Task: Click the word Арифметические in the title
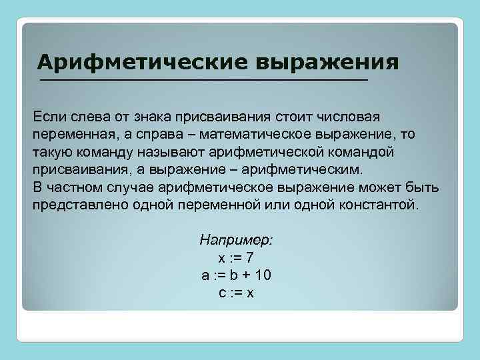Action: click(143, 62)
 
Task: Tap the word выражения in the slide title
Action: click(327, 62)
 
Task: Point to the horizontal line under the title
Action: click(203, 80)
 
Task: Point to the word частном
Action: click(74, 187)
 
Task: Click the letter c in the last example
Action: click(221, 293)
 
